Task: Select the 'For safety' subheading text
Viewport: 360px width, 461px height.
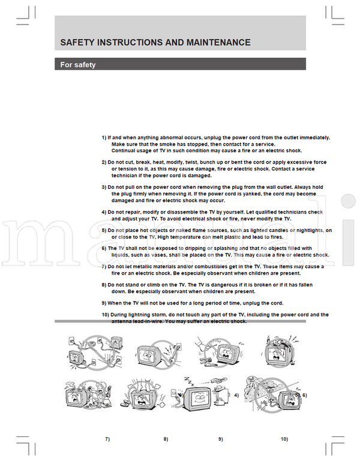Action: [77, 65]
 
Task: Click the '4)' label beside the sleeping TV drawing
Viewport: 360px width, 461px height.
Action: [236, 396]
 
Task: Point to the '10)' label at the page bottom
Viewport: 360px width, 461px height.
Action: [284, 439]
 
